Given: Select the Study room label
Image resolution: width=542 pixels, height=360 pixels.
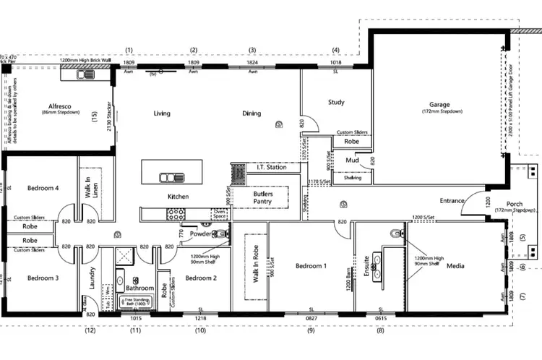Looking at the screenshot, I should (336, 102).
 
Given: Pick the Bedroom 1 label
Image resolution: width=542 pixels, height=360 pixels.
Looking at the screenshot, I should (311, 266).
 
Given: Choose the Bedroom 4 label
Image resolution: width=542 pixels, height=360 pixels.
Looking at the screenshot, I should (42, 188).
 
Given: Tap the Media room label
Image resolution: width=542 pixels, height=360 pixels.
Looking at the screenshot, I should (455, 266).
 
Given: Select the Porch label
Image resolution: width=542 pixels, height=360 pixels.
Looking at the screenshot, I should (514, 204).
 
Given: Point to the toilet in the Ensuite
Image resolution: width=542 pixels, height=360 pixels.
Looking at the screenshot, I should (394, 233).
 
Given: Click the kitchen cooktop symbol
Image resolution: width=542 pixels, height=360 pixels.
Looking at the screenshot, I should (176, 213).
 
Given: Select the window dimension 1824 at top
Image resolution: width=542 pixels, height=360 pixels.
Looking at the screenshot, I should (251, 63).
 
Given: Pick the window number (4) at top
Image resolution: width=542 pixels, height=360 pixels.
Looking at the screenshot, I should (335, 50).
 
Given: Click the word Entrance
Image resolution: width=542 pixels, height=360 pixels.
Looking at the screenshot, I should (452, 200).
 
